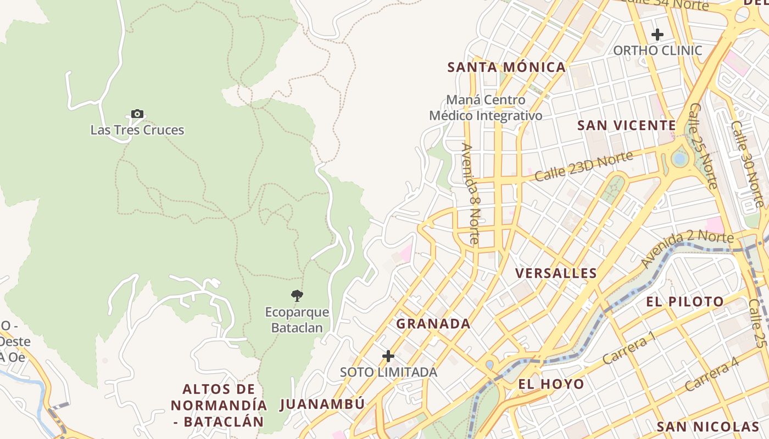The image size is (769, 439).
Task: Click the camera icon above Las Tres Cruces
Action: (x=137, y=114)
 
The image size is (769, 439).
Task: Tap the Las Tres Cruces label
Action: (x=137, y=130)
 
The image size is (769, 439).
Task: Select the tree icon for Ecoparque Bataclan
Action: (x=297, y=296)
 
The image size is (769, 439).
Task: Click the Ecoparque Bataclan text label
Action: (x=297, y=320)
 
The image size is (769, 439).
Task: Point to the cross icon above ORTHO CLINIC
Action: (x=657, y=35)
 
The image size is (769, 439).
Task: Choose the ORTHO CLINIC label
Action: (x=657, y=50)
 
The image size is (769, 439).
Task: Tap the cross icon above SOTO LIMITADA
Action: (x=388, y=356)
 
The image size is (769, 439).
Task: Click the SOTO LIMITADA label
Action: (x=388, y=372)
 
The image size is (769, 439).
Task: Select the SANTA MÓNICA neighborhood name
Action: (x=506, y=67)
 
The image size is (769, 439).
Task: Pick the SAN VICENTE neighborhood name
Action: (x=626, y=126)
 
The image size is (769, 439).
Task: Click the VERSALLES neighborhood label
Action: (x=556, y=273)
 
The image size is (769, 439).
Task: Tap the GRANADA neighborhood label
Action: (x=433, y=324)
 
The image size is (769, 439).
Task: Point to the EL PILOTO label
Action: (x=685, y=301)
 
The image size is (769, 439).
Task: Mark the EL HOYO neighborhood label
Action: (x=551, y=384)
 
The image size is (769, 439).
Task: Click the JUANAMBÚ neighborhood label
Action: (x=322, y=404)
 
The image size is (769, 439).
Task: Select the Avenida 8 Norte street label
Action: (x=471, y=193)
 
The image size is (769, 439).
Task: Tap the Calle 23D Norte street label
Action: (x=583, y=166)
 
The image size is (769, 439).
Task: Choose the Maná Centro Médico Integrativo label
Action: (x=486, y=108)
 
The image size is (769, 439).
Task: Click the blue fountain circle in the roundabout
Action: (x=680, y=159)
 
